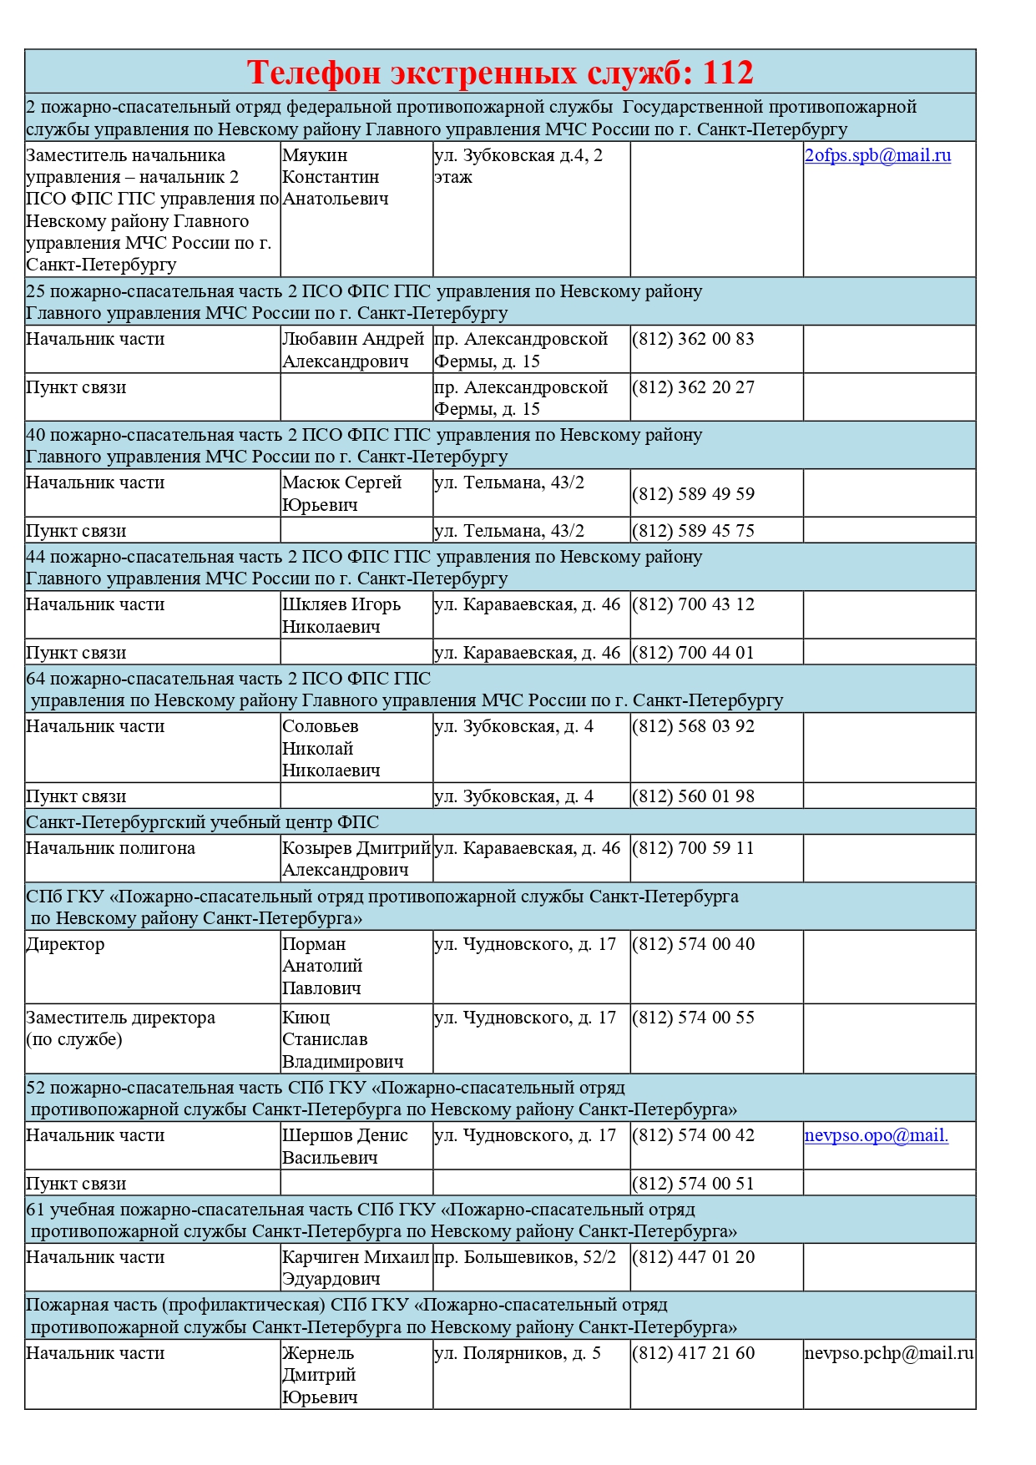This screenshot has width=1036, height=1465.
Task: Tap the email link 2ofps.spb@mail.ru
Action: pos(877,155)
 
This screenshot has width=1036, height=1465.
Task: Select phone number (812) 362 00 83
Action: pos(693,339)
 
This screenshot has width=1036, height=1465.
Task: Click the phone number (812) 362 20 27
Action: pos(693,387)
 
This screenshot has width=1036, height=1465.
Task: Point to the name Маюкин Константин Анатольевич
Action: pos(335,177)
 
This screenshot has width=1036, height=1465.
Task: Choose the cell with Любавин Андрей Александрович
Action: pos(353,350)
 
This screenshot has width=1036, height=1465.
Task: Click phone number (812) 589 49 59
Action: pos(693,494)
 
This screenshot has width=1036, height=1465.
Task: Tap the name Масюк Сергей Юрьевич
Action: pos(341,493)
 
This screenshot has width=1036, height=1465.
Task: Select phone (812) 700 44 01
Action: pos(693,653)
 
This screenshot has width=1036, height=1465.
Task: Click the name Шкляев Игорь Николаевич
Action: pos(341,615)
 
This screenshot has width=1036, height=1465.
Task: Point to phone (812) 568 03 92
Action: pos(693,726)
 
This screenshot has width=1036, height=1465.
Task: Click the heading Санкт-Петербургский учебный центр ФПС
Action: pos(203,822)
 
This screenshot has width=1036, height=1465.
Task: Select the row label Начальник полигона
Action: pos(110,848)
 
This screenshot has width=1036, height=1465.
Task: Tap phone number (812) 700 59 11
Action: pos(693,848)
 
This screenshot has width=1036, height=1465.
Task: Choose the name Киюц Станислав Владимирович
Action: pos(342,1039)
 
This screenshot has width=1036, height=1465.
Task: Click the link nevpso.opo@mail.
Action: pos(876,1135)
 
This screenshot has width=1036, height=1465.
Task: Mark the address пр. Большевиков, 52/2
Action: pos(525,1257)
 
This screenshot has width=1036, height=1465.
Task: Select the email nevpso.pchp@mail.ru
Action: pos(889,1353)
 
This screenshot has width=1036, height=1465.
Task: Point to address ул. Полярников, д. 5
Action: pos(518,1353)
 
